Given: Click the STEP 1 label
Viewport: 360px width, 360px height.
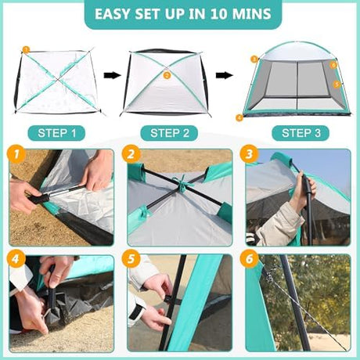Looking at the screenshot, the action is pyautogui.click(x=56, y=133).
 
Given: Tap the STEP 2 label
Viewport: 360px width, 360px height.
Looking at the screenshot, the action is pyautogui.click(x=170, y=133).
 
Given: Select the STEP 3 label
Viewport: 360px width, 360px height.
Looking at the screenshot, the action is pyautogui.click(x=301, y=133).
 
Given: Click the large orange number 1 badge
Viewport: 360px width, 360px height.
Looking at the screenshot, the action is pyautogui.click(x=16, y=154).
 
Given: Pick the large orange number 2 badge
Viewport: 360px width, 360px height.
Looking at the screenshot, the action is pyautogui.click(x=131, y=154).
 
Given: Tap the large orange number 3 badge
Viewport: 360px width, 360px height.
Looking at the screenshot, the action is pyautogui.click(x=249, y=154).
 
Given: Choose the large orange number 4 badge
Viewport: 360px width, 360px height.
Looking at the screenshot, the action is pyautogui.click(x=16, y=259).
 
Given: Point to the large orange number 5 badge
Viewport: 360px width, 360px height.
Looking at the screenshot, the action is pyautogui.click(x=131, y=259).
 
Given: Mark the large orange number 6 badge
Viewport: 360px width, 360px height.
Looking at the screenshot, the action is pyautogui.click(x=249, y=259).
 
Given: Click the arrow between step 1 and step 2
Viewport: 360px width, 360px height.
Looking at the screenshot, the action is pyautogui.click(x=113, y=75).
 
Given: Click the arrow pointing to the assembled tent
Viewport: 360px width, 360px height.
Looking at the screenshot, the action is pyautogui.click(x=224, y=75).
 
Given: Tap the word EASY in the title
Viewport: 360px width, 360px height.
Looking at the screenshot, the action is pyautogui.click(x=113, y=14).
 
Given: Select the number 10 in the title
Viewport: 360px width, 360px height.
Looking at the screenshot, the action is pyautogui.click(x=218, y=14).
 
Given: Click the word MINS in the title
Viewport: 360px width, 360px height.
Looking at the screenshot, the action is pyautogui.click(x=251, y=14).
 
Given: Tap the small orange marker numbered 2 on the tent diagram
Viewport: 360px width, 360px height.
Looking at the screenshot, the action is pyautogui.click(x=167, y=76).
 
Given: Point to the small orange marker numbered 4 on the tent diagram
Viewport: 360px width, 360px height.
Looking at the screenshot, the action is pyautogui.click(x=239, y=117).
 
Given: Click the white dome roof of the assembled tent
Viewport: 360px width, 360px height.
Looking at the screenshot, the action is pyautogui.click(x=297, y=52).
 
